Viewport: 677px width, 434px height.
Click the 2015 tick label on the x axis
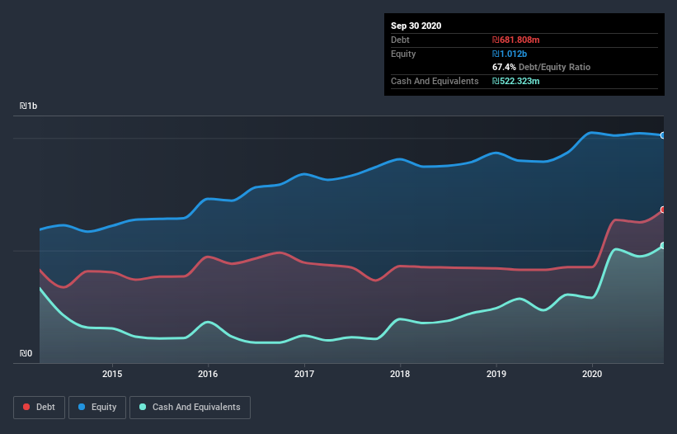(x=112, y=374)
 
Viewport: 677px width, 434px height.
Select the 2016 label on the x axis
(x=208, y=374)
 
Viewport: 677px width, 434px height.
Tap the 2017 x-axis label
(x=304, y=374)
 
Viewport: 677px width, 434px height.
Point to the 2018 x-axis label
(x=400, y=374)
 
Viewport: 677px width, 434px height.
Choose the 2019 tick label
(x=496, y=374)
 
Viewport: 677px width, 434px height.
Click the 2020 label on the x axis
(x=592, y=374)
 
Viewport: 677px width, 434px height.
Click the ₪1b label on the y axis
(x=29, y=106)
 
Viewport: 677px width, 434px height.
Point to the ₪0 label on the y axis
(x=26, y=354)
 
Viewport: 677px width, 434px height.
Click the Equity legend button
(x=96, y=407)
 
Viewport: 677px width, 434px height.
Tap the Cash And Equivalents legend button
(x=190, y=407)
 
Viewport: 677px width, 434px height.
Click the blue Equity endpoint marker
(x=663, y=134)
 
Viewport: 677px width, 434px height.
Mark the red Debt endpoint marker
(x=663, y=210)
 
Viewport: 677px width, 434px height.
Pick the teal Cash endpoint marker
(x=663, y=246)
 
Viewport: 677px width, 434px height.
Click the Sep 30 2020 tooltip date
(x=416, y=26)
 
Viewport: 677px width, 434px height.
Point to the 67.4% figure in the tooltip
(x=504, y=67)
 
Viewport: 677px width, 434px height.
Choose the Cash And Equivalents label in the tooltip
(x=435, y=81)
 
